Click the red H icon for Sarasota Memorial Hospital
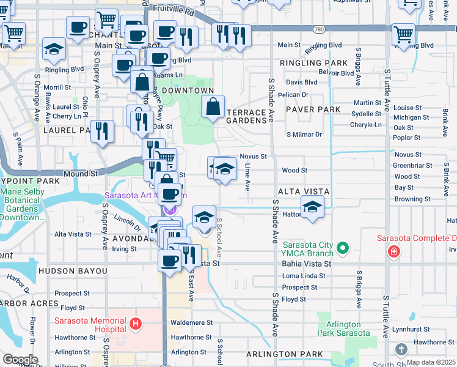point(136,322)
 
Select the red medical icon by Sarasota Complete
point(395,251)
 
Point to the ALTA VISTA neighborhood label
point(304,191)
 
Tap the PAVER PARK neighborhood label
point(316,109)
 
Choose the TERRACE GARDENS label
point(247,116)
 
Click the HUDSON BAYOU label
point(72,270)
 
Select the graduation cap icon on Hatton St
point(312,207)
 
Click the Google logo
point(20,359)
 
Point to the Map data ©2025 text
point(430,362)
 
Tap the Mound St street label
point(81,174)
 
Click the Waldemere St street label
point(192,322)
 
